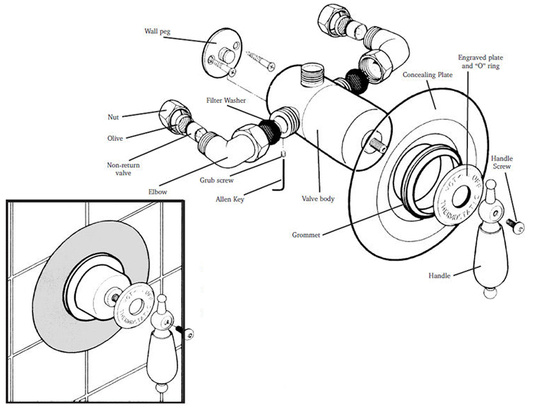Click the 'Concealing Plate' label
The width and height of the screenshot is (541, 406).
pos(427,74)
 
